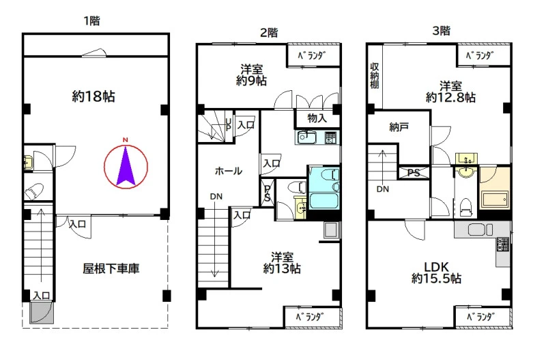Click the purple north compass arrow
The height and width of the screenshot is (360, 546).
click(126, 166)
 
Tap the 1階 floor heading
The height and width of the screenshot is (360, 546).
click(92, 21)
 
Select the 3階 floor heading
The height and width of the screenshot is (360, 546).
click(441, 31)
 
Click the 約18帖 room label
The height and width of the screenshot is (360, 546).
click(94, 96)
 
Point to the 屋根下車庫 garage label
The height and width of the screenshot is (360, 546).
click(111, 268)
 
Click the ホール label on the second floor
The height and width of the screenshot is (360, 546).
click(229, 171)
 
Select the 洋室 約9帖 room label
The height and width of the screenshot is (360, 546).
click(251, 74)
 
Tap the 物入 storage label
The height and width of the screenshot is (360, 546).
click(317, 118)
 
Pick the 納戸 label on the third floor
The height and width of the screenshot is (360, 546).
click(399, 127)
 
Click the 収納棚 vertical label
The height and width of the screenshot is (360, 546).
click(374, 76)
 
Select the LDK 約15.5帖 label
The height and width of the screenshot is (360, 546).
click(437, 273)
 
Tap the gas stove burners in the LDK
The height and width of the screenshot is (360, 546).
click(503, 244)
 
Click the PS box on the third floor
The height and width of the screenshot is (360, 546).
click(414, 173)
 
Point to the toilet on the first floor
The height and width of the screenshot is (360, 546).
click(33, 192)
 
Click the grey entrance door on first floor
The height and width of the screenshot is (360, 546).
click(42, 313)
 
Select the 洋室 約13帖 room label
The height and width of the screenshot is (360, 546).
click(282, 263)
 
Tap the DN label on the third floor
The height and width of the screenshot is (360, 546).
click(383, 189)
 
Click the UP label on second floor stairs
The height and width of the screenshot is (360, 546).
click(228, 124)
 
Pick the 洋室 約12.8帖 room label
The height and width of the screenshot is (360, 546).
click(450, 92)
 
